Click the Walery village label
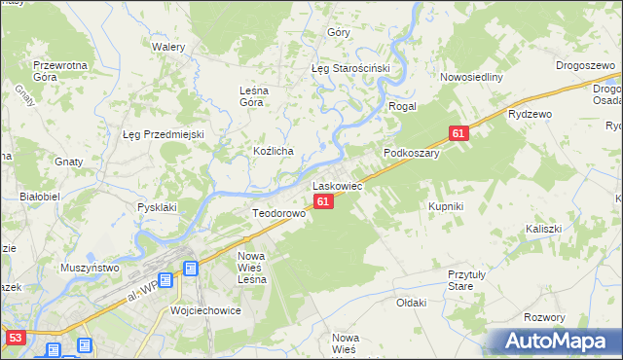pos(168,46)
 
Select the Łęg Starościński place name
pos(350,69)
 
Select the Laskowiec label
pos(337,185)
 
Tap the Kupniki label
pos(446,207)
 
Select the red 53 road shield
pos(14,338)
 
